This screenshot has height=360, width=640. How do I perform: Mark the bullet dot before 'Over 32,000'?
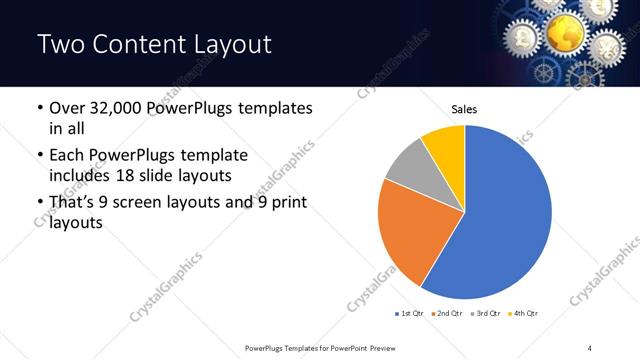pos(39,107)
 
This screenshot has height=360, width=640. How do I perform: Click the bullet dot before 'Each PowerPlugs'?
pos(39,156)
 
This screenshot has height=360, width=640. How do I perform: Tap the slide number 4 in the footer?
pos(590,347)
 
